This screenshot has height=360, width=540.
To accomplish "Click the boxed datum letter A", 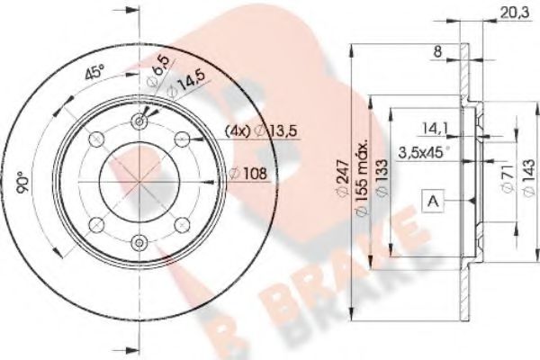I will (434, 203).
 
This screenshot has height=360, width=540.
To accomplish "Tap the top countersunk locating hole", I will (139, 121).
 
